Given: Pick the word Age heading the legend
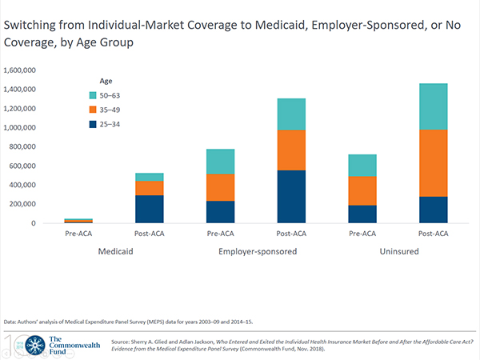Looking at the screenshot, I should [106, 82].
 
